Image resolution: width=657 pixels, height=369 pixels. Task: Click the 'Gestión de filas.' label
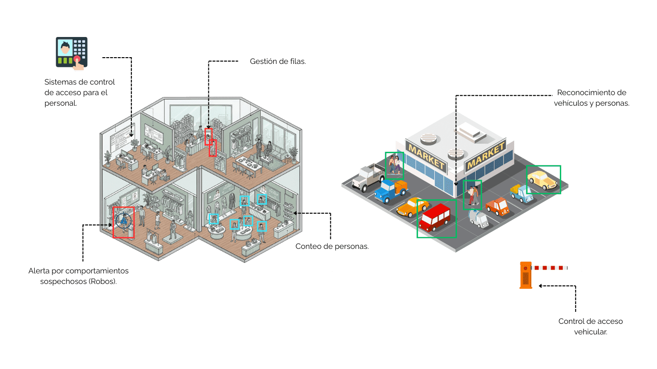(x=278, y=61)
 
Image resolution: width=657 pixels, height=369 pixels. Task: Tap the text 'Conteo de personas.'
(x=332, y=246)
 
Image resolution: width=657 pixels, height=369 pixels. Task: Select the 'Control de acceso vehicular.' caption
(x=590, y=326)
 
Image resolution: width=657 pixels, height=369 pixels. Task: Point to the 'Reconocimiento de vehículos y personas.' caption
(x=592, y=98)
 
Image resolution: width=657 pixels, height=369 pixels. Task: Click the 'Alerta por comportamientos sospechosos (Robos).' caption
(x=78, y=276)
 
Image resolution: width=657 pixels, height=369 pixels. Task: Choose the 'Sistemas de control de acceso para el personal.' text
(x=79, y=92)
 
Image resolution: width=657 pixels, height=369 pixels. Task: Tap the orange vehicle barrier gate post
(x=526, y=276)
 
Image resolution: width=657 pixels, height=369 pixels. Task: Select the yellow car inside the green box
(x=543, y=180)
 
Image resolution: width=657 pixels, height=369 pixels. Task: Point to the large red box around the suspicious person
(x=124, y=222)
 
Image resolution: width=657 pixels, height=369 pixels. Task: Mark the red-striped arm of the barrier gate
(x=551, y=268)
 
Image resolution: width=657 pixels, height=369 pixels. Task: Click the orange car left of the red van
(x=412, y=207)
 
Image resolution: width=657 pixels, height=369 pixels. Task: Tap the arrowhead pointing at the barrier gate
(x=541, y=286)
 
